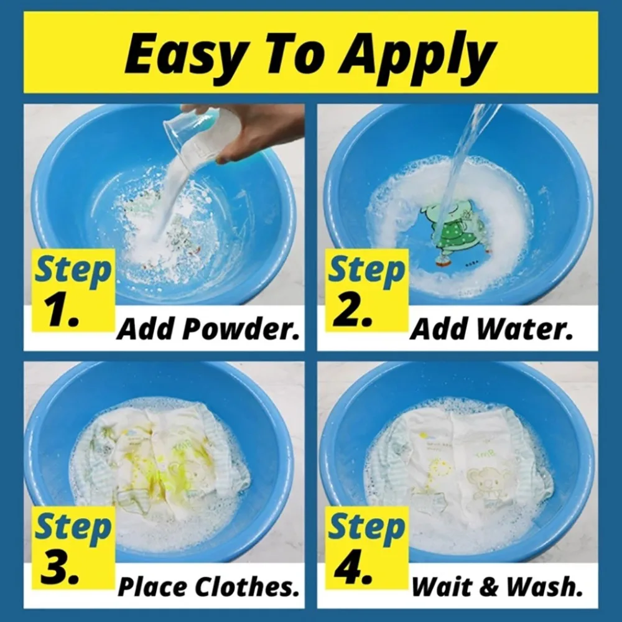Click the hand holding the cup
(261, 131)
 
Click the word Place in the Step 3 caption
(152, 586)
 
